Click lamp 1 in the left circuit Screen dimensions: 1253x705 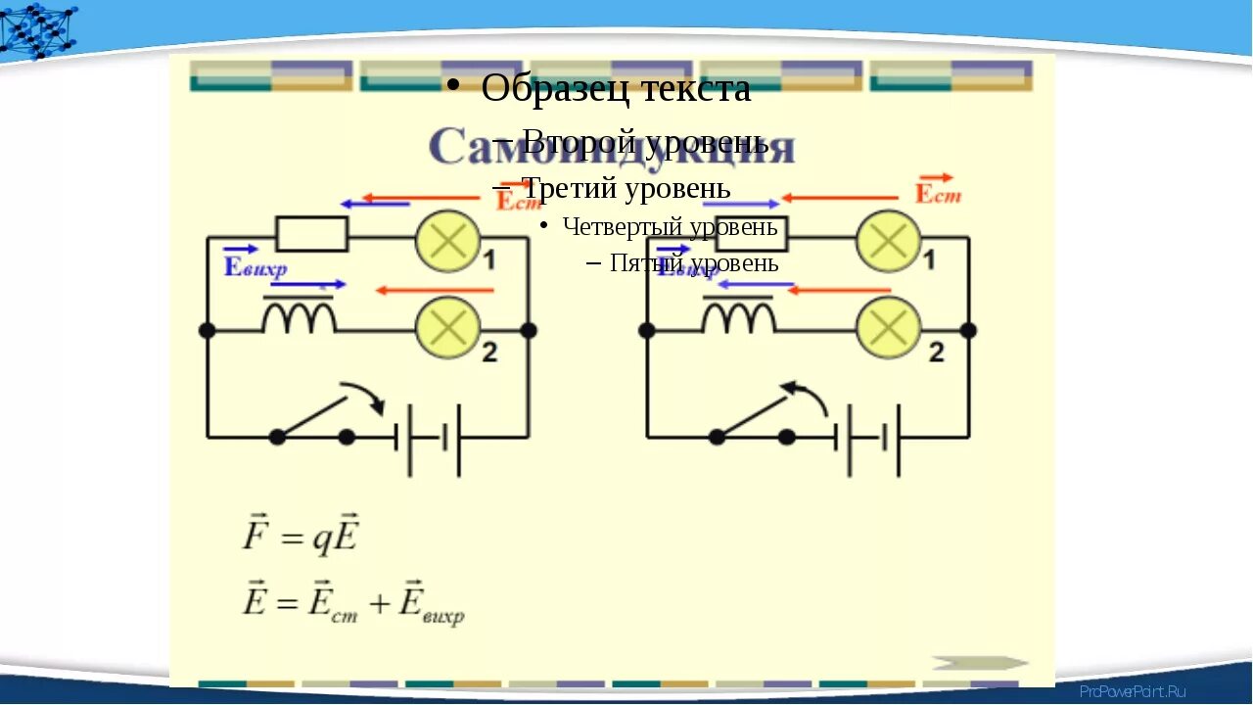point(447,241)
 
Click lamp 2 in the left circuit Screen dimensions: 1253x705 point(447,328)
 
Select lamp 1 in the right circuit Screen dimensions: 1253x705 point(888,241)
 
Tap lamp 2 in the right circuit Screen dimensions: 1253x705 point(888,328)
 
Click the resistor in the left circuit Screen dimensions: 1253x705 point(311,235)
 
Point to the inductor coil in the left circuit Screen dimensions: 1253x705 point(299,316)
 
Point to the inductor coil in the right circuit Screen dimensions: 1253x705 point(739,316)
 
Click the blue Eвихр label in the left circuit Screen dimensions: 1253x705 point(254,265)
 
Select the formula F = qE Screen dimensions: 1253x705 point(302,537)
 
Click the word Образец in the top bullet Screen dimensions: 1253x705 point(539,89)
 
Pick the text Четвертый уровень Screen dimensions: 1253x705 point(670,227)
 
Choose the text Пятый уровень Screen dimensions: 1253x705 point(693,262)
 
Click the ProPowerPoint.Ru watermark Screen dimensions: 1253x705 point(1132,691)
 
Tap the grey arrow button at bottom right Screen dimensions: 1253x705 point(980,663)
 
